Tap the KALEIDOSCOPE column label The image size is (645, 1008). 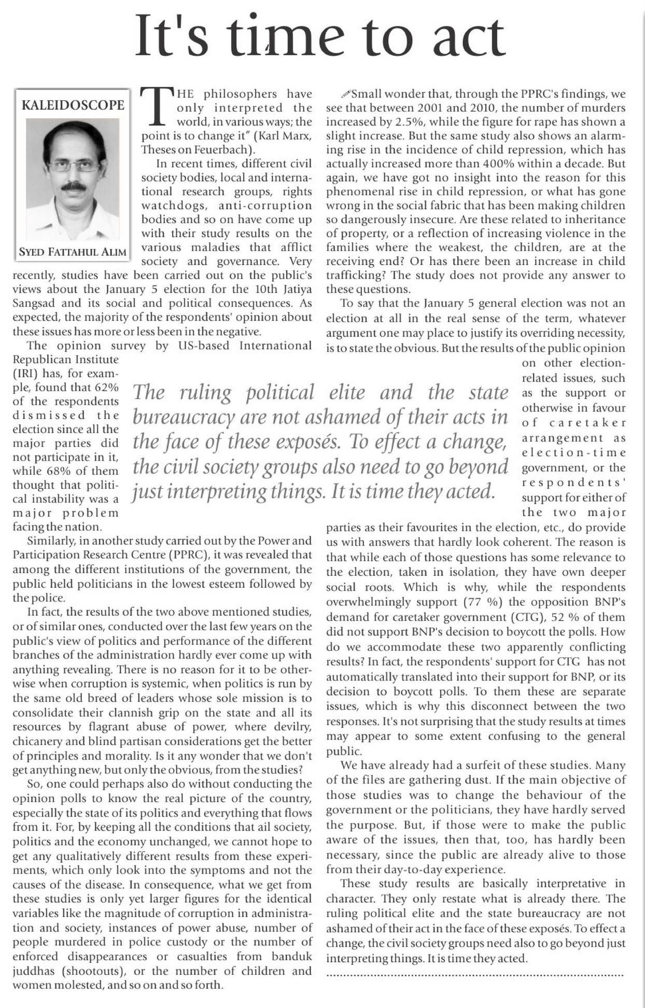click(73, 105)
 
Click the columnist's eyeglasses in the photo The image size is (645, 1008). click(74, 166)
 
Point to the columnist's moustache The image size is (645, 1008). click(74, 186)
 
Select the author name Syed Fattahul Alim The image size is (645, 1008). click(73, 252)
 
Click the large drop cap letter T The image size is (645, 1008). click(156, 106)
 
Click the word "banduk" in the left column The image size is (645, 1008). click(292, 956)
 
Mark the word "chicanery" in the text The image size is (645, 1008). click(34, 741)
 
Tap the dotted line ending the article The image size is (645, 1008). click(475, 976)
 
